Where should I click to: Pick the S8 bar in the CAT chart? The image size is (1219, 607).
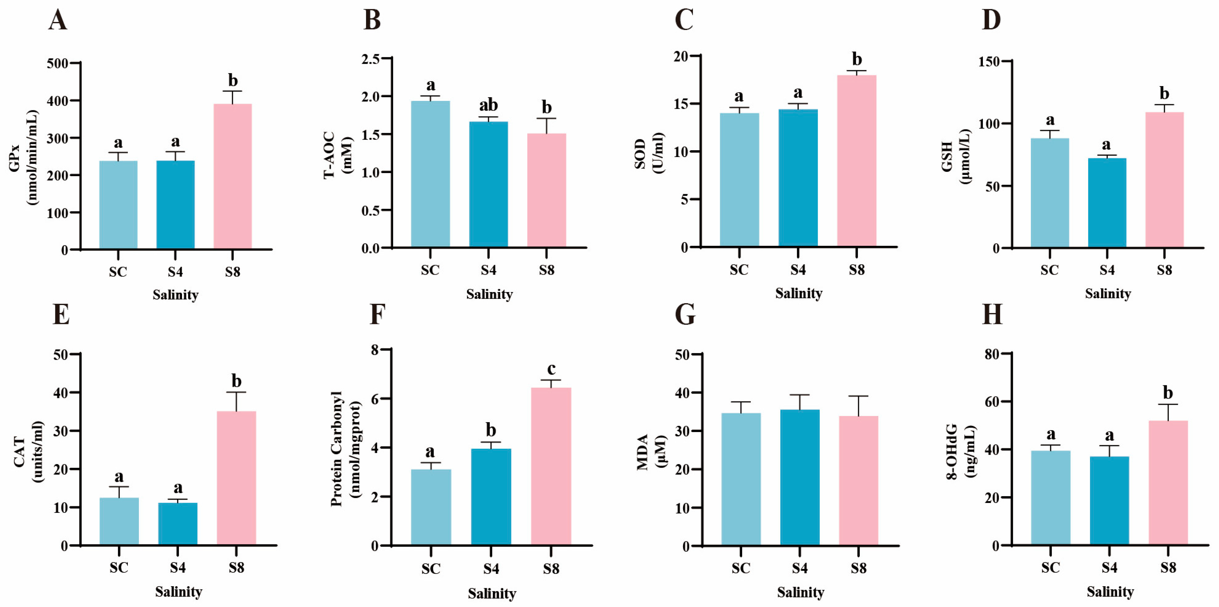236,478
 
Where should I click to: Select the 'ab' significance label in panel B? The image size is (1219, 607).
488,105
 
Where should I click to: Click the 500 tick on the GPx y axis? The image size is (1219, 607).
57,63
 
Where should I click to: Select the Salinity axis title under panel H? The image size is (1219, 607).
1110,592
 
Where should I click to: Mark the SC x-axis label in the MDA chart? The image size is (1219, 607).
741,568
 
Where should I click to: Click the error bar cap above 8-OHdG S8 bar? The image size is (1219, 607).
1168,404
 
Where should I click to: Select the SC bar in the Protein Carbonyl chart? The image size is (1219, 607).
430,507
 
